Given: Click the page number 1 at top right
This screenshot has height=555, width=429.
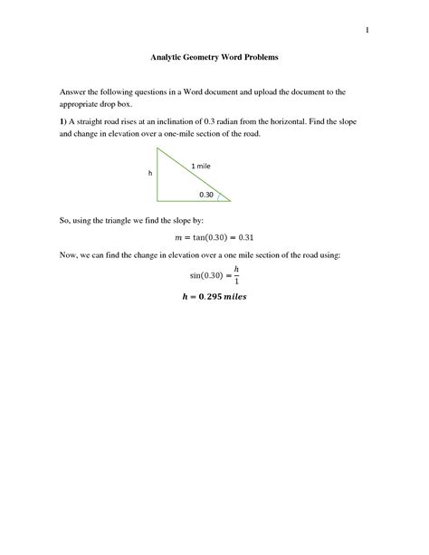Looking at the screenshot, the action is (x=367, y=32).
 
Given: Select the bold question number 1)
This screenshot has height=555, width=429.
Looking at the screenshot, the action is (x=64, y=120).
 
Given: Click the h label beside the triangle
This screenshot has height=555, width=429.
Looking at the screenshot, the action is (x=150, y=172).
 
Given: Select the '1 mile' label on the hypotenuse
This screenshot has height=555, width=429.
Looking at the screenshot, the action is (x=200, y=166).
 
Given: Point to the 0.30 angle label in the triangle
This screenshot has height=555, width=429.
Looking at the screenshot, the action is (x=207, y=194).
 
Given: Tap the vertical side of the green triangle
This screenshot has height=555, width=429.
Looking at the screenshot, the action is (x=157, y=173).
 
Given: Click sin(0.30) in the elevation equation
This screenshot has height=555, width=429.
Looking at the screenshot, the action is (x=205, y=274).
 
